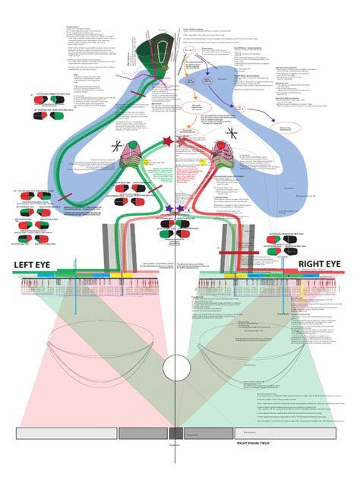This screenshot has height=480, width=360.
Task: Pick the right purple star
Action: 180,208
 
